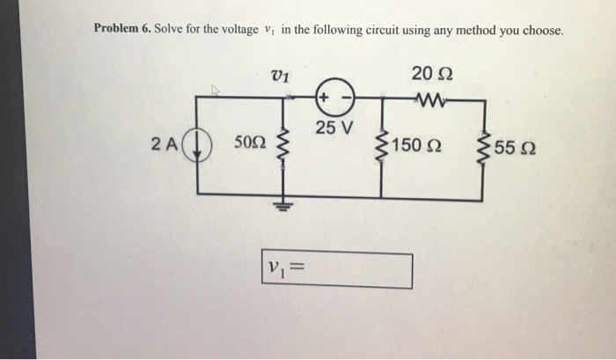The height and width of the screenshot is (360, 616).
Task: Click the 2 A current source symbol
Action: (196, 146)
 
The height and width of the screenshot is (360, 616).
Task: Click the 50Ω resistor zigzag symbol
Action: (283, 147)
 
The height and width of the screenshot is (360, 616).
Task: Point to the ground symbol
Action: (283, 208)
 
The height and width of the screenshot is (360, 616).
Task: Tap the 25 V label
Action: (334, 129)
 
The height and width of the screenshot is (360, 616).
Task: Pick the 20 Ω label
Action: (432, 76)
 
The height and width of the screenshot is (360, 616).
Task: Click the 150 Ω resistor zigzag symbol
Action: (381, 146)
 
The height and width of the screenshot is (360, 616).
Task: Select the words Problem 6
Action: (121, 29)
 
